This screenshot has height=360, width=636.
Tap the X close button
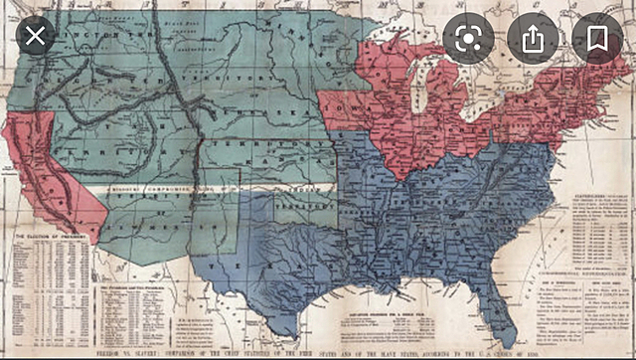[35, 39]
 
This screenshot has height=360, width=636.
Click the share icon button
[534, 39]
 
